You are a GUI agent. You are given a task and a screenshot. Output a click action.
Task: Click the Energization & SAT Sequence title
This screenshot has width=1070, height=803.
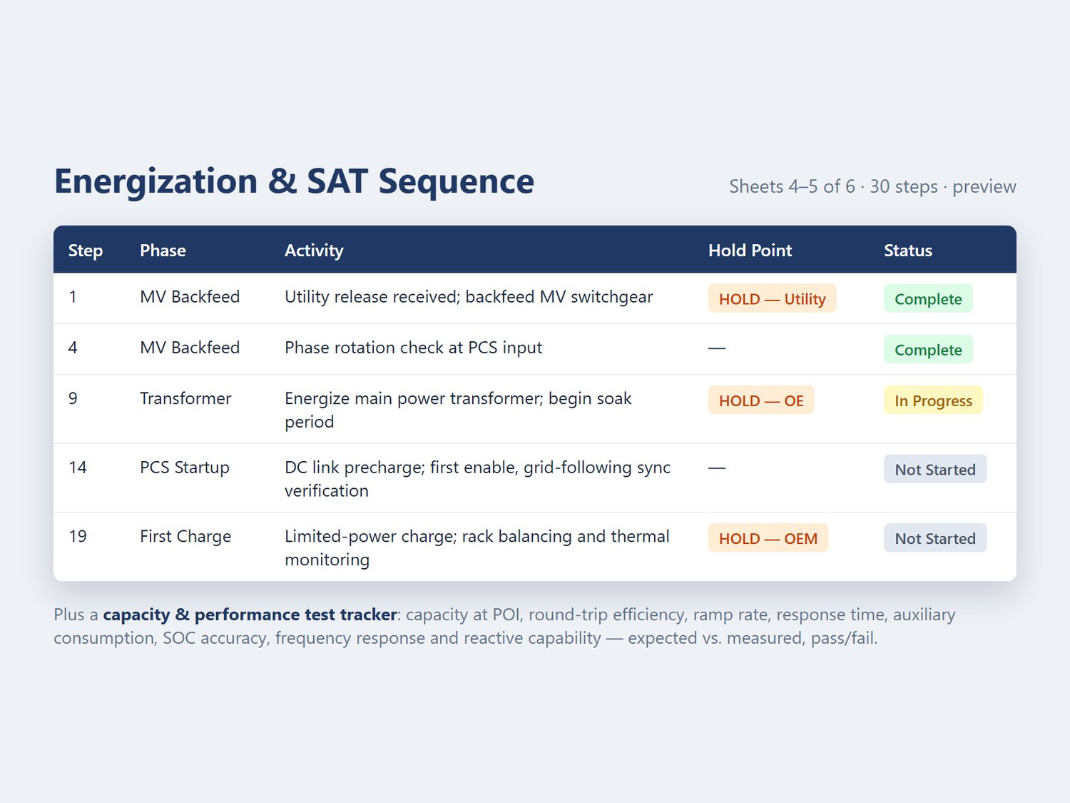[x=294, y=181]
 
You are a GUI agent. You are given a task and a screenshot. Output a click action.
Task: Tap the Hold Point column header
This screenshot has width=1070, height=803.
[x=750, y=250]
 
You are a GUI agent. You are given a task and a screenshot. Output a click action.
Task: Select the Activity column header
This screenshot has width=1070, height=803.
[x=314, y=251]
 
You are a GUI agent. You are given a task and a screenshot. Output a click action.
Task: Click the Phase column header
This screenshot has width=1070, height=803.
[x=163, y=250]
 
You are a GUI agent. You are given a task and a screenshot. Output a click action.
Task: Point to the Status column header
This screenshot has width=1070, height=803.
[x=907, y=250]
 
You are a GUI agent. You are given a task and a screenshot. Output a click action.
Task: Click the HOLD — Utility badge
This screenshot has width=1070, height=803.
[x=772, y=298]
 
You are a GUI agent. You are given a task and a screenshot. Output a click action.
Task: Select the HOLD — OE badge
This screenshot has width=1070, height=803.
[x=761, y=400]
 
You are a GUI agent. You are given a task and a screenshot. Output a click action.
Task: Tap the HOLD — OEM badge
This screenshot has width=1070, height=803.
[x=768, y=537]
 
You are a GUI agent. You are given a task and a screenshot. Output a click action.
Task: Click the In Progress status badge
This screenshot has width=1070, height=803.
[x=933, y=400]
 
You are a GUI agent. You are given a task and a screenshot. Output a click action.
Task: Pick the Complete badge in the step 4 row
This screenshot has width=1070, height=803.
[x=928, y=349]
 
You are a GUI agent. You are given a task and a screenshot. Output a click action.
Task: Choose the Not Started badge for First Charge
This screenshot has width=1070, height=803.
[x=935, y=537]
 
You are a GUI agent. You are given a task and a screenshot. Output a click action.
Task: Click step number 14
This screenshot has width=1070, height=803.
[x=78, y=468]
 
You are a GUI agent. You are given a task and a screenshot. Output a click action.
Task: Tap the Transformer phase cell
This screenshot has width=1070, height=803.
[x=185, y=398]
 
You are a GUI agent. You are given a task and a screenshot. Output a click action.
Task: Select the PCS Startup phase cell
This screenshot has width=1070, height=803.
[x=184, y=468]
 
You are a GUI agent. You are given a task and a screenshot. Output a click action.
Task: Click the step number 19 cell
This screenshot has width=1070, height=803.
[x=78, y=536]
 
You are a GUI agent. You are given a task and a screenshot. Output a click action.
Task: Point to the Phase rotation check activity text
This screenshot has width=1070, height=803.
[x=413, y=348]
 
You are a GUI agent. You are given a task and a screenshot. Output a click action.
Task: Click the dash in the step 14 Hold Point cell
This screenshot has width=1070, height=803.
[x=717, y=468]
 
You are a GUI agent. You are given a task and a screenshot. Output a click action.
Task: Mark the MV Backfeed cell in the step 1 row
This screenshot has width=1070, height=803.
[x=190, y=297]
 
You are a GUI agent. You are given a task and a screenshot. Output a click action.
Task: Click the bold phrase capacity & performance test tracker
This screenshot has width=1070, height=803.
[x=250, y=615]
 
